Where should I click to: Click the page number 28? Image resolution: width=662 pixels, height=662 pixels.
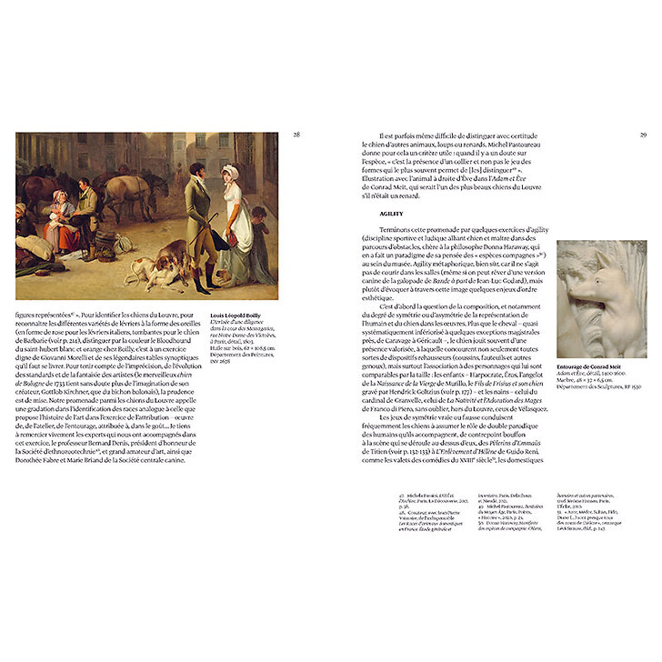(296, 135)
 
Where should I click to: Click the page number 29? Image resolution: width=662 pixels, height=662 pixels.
(642, 135)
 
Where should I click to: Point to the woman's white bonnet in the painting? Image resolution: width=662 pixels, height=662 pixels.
(232, 170)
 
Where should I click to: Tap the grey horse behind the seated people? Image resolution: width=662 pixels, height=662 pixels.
(127, 186)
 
